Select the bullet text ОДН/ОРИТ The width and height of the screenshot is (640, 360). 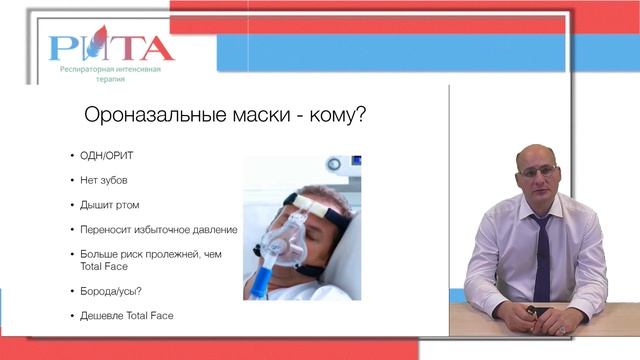click(x=108, y=158)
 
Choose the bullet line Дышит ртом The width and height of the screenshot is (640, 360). click(x=110, y=204)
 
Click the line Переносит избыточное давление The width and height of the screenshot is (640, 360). click(x=158, y=228)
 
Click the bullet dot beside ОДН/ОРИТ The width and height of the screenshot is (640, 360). click(x=72, y=158)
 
